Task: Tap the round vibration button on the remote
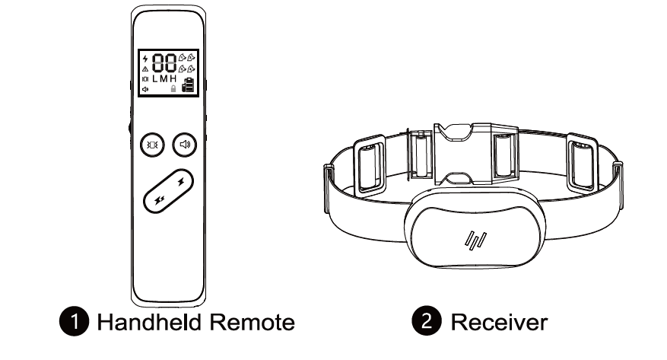coord(149,144)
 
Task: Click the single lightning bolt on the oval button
coord(180,182)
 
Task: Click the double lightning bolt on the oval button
coord(159,201)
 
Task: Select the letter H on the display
coord(173,79)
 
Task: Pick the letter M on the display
coord(164,79)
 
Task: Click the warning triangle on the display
coord(145,68)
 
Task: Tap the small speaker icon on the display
coord(145,89)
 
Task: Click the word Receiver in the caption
coord(498,323)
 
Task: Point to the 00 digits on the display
coord(167,63)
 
